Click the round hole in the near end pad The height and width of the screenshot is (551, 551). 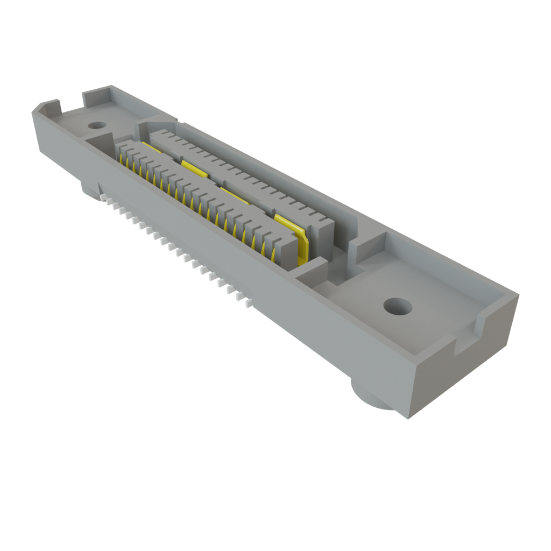click(x=398, y=307)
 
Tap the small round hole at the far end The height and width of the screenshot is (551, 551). click(x=96, y=125)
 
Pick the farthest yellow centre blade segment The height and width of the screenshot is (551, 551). click(x=149, y=146)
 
